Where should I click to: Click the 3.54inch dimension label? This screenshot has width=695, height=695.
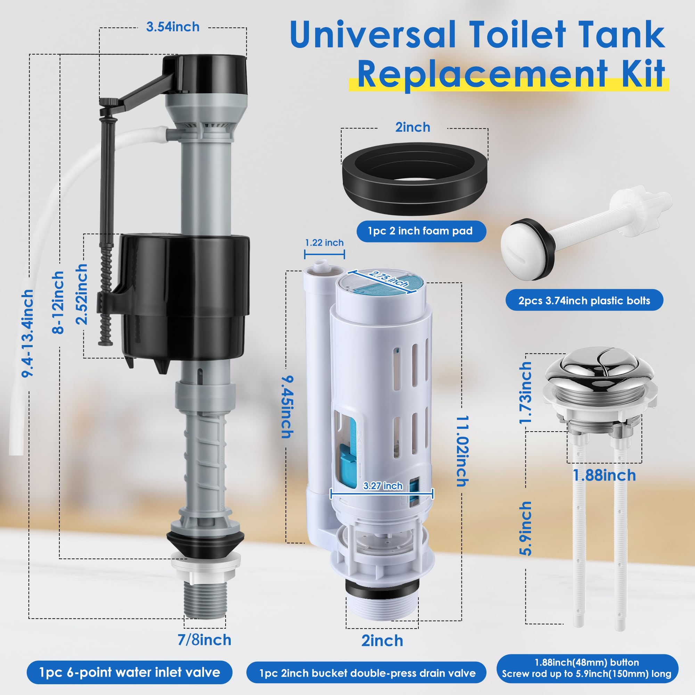click(173, 27)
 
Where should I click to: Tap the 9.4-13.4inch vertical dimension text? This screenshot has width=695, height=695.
click(28, 333)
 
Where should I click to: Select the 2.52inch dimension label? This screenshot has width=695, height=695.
click(82, 294)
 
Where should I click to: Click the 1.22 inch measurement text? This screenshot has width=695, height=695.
click(324, 243)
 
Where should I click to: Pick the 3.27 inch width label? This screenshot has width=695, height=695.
click(383, 486)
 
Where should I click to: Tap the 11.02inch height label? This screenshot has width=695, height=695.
click(463, 451)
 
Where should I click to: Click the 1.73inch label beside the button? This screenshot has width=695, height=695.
click(525, 392)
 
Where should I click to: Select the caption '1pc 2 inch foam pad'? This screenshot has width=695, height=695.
click(420, 231)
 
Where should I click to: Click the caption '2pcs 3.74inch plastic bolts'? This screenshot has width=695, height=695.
click(584, 300)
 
